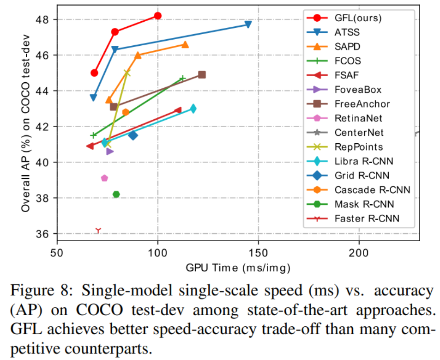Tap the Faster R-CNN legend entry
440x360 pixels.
(367, 218)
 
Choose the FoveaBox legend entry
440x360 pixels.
(358, 90)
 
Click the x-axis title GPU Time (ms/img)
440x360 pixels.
(238, 268)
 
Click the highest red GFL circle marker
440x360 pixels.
(158, 16)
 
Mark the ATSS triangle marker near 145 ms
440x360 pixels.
(248, 24)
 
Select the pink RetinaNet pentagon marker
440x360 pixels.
(104, 178)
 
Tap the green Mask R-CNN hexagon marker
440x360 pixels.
(116, 194)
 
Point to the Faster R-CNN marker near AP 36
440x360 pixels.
(98, 230)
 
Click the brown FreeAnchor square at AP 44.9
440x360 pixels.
(202, 74)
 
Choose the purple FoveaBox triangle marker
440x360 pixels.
(110, 151)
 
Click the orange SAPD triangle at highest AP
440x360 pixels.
(185, 44)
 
